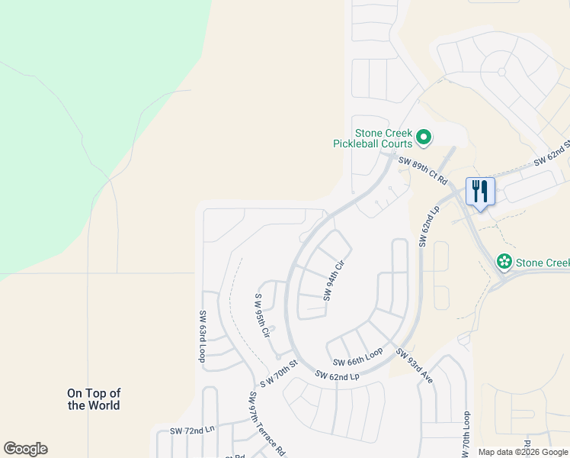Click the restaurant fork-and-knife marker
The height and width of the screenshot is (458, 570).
coord(480,192)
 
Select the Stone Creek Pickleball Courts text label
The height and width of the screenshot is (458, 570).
coord(373,137)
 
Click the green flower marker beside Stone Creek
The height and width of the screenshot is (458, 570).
coord(504,263)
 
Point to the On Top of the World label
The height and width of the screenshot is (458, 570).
coord(94,399)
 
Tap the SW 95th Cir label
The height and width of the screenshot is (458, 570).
coord(263,316)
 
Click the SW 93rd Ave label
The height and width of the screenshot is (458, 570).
coord(414,365)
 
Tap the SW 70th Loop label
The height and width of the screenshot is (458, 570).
coord(466,435)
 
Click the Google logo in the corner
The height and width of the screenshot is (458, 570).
coord(26,449)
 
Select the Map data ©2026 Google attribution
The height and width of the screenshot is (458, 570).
coord(524,452)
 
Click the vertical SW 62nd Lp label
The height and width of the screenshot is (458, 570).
coord(430,225)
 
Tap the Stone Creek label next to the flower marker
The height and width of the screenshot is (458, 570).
coord(543,263)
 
